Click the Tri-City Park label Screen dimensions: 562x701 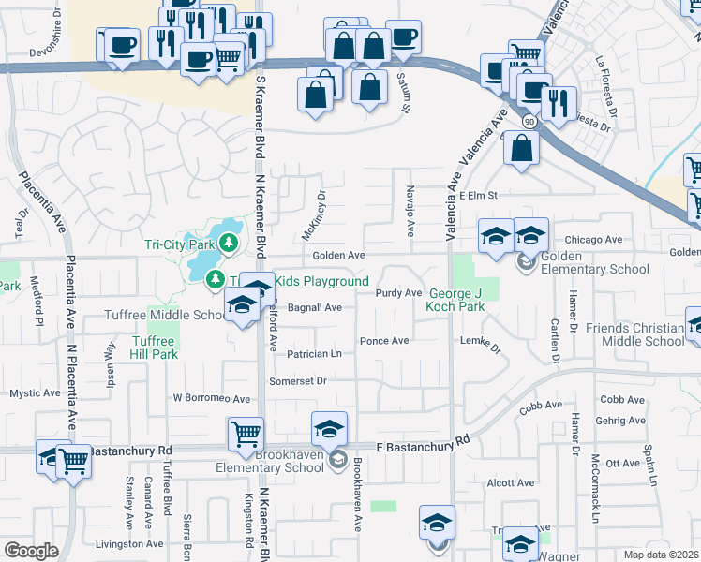(180, 245)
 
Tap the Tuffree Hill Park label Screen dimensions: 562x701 (154, 348)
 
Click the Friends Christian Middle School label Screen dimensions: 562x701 (635, 334)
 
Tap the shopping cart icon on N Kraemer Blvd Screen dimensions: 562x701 (245, 434)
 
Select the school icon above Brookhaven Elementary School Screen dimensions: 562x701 (329, 429)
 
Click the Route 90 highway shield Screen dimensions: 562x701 (529, 122)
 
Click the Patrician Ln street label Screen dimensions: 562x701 (314, 354)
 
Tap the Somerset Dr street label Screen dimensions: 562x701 (297, 380)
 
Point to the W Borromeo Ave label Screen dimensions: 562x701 (212, 398)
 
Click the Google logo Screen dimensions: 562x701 (31, 551)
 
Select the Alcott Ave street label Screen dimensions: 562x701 (511, 483)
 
